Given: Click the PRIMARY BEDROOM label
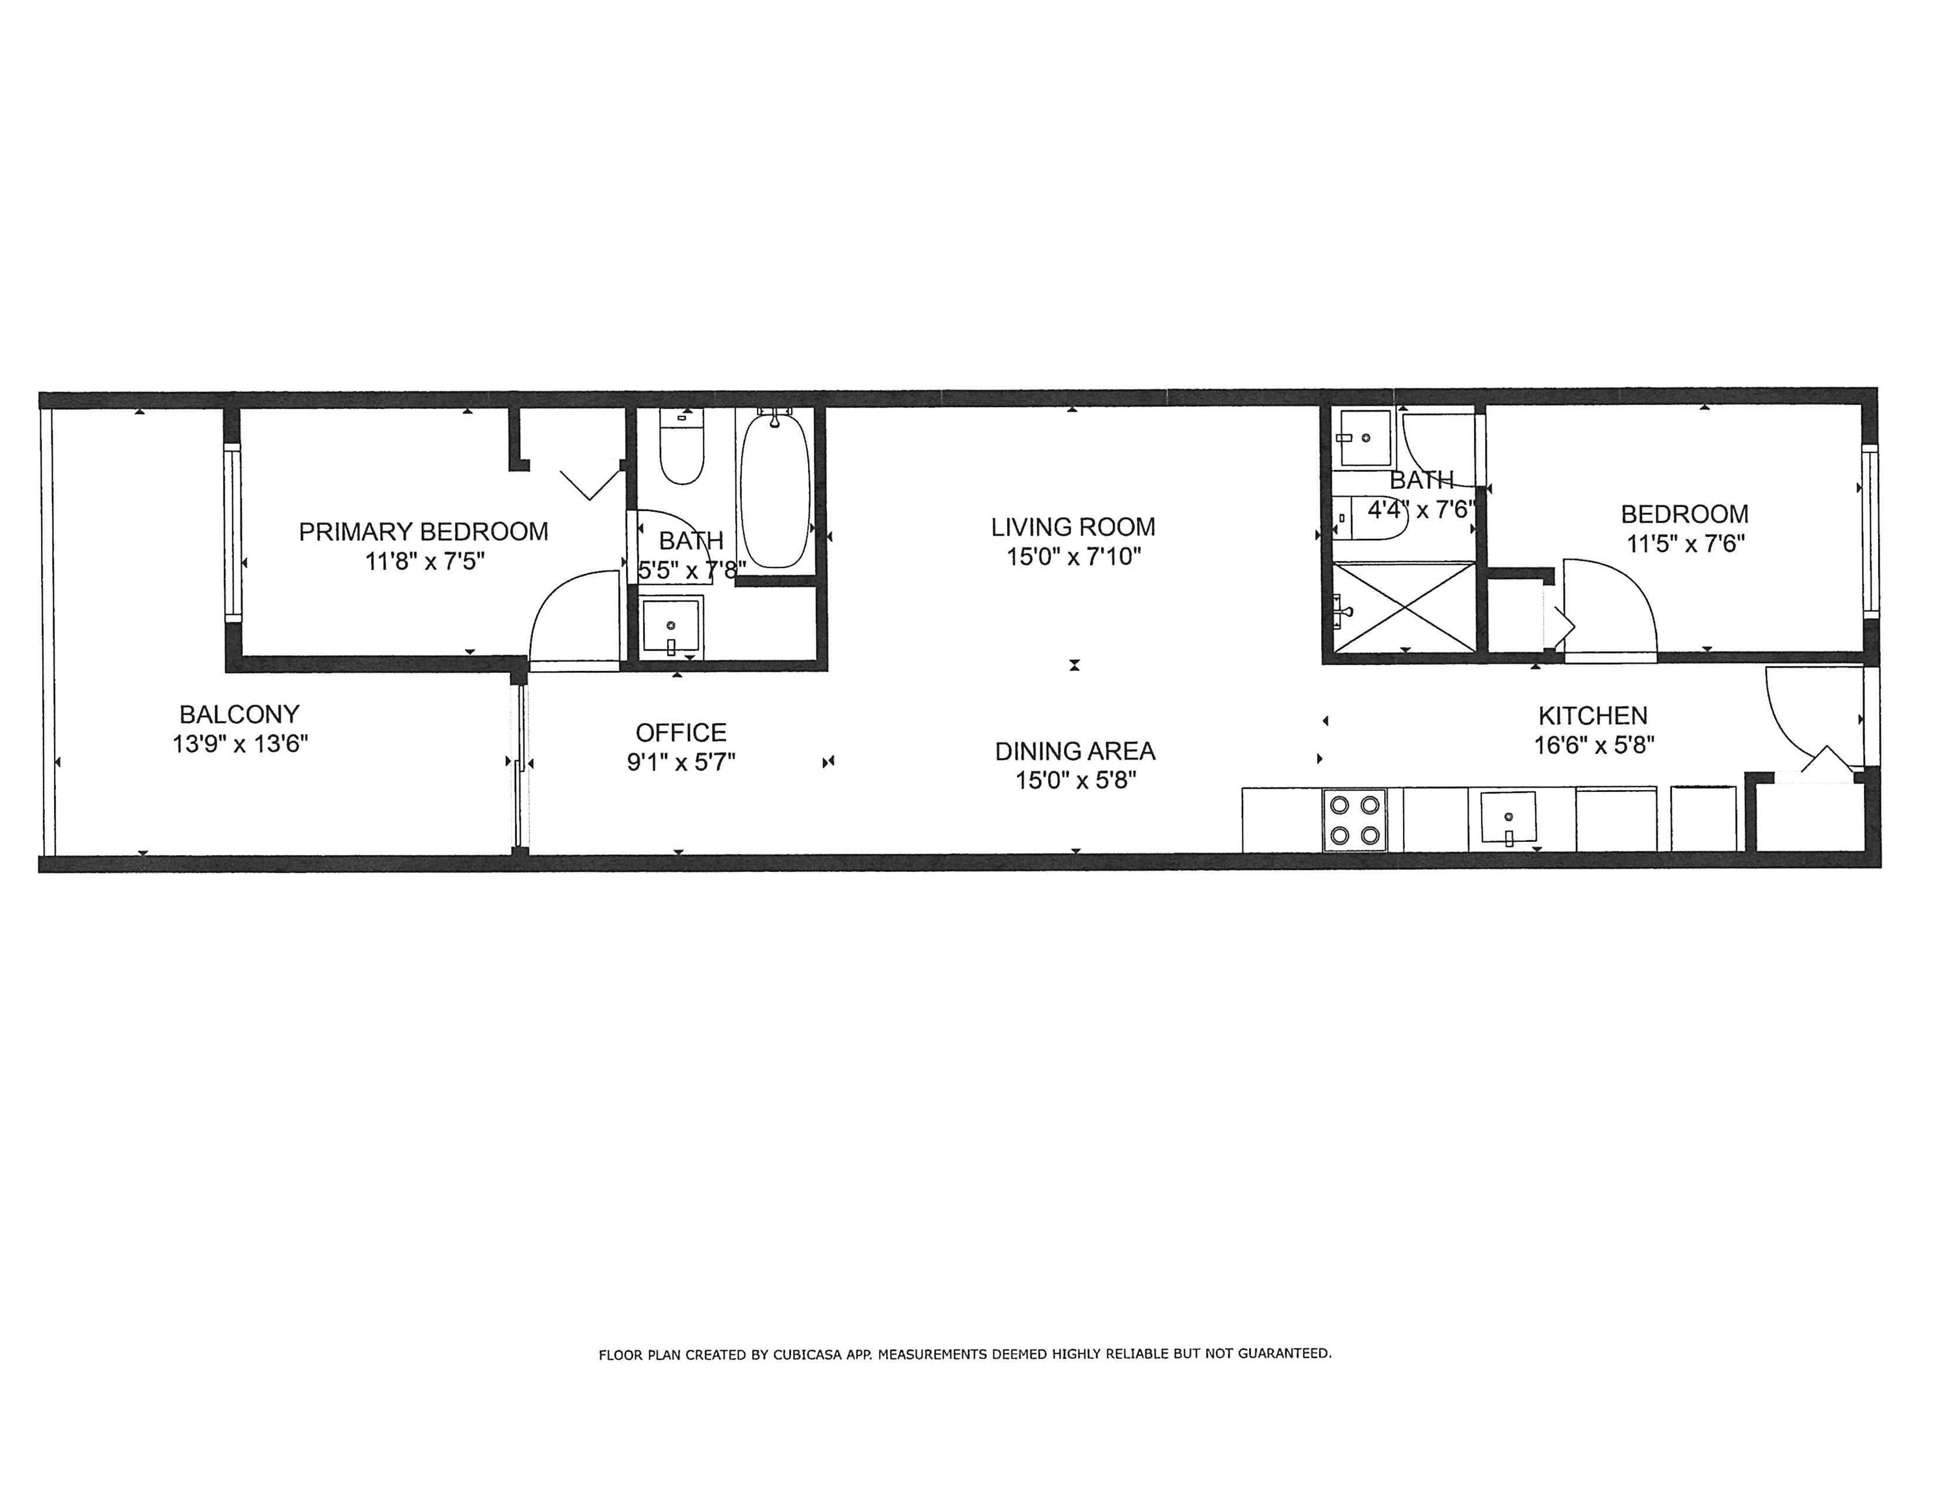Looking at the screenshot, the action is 423,532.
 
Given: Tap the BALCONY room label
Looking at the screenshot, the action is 240,715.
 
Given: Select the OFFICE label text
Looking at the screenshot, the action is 681,733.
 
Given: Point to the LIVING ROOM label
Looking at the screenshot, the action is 1073,527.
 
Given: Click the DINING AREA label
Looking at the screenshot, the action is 1075,752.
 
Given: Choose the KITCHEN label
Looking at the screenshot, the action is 1593,715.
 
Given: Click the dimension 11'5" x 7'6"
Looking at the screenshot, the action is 1685,543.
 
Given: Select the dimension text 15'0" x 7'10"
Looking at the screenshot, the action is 1073,557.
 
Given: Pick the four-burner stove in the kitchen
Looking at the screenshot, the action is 1354,820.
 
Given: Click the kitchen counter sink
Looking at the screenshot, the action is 1508,818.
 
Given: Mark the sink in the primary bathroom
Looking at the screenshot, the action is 671,627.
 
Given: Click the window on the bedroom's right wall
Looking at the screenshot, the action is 1870,531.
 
